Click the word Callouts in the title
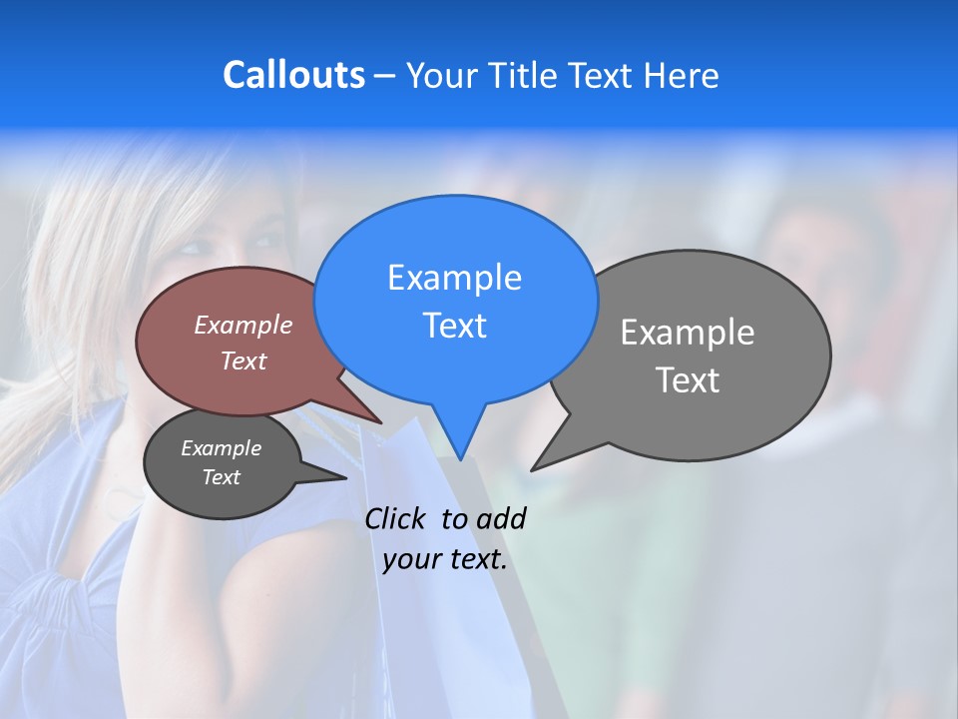[293, 75]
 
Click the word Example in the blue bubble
[454, 278]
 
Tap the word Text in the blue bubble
[454, 326]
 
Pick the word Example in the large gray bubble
[688, 333]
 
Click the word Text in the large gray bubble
[688, 380]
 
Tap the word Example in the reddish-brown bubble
[243, 325]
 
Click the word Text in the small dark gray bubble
[222, 477]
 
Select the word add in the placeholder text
[501, 518]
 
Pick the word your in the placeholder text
[412, 560]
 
